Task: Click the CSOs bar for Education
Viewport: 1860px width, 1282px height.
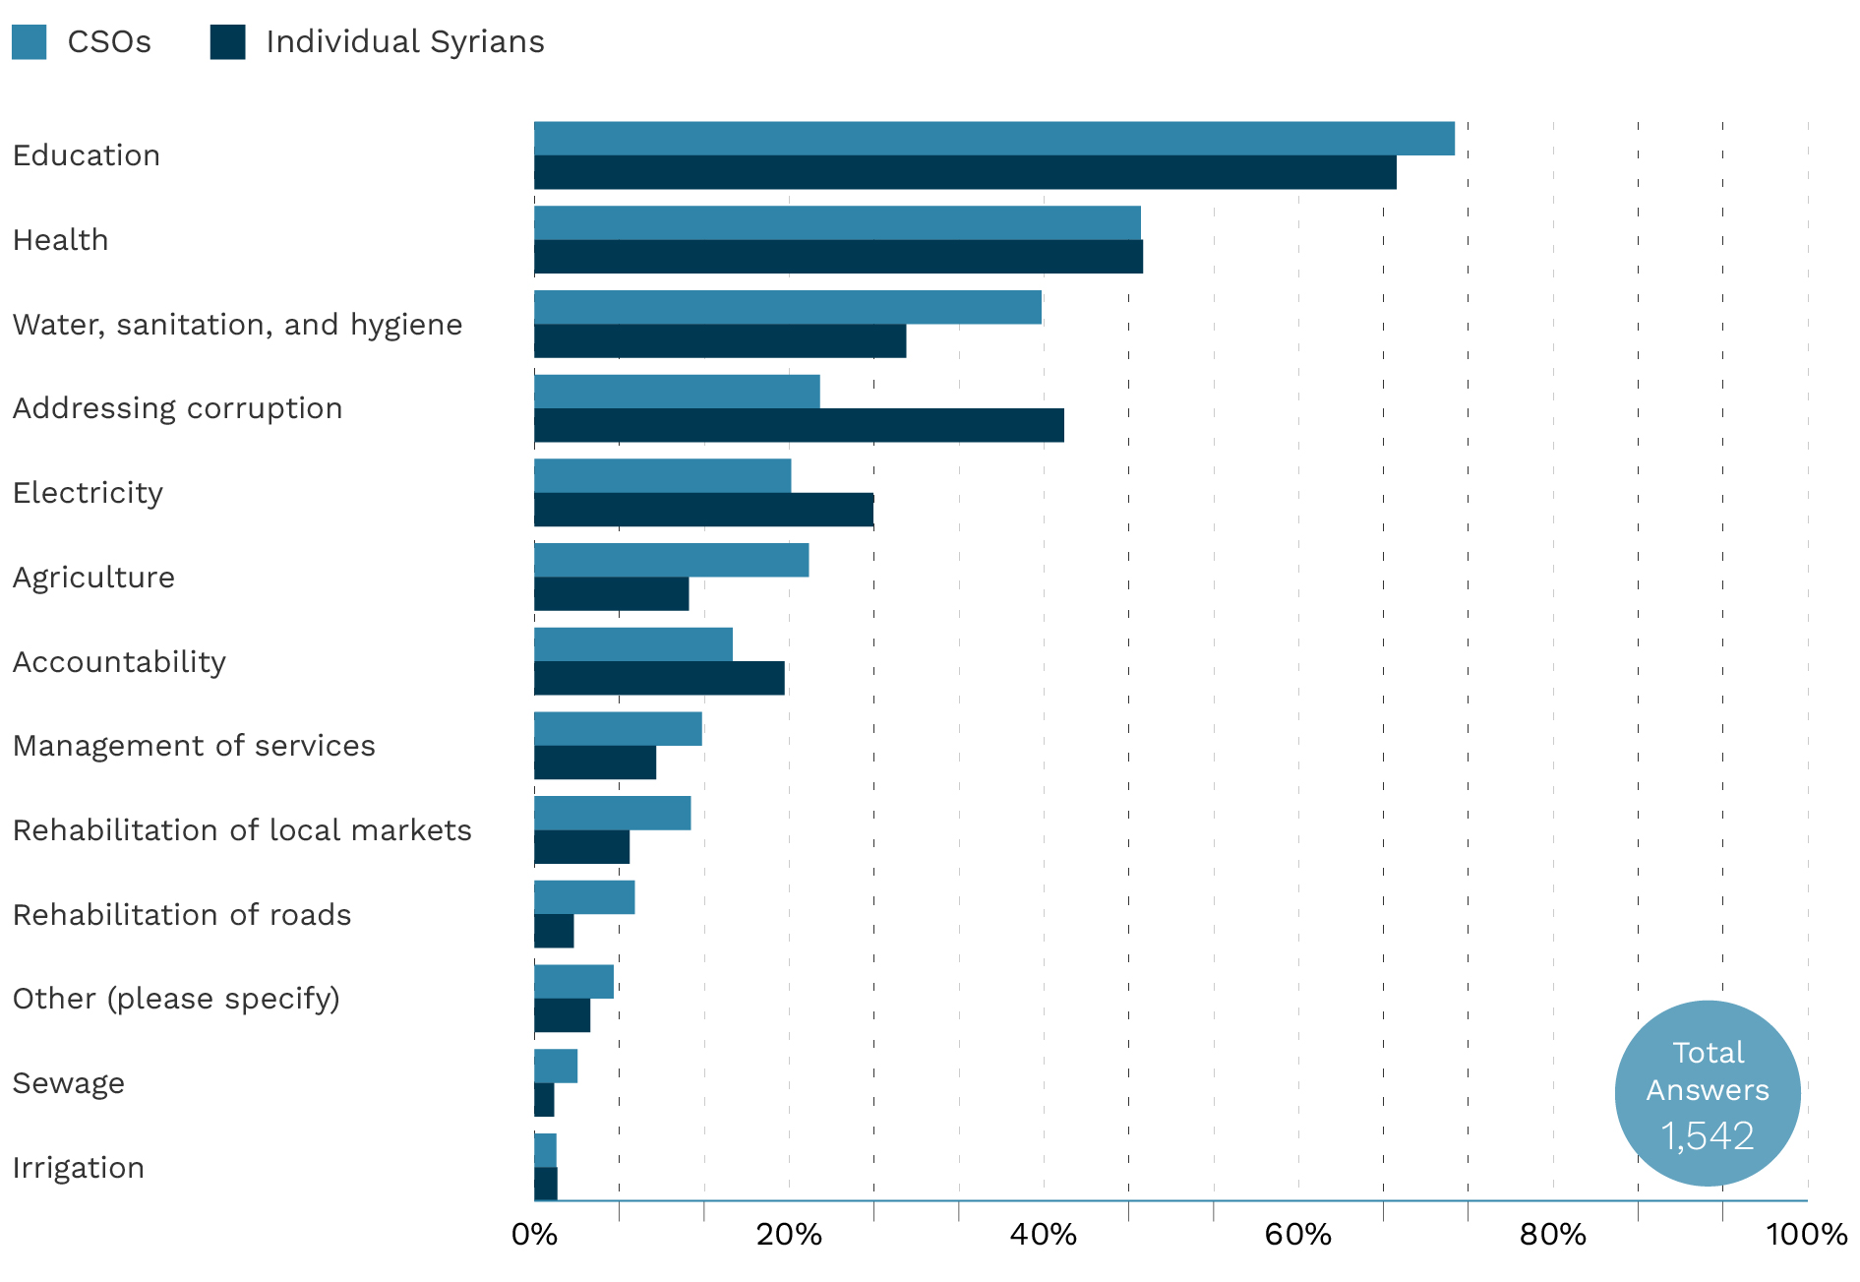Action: pos(993,139)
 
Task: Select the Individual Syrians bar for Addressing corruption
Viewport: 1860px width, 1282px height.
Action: pos(799,426)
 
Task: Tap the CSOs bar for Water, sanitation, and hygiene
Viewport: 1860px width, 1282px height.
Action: pos(787,307)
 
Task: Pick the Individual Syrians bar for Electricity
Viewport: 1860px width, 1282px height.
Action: pos(703,510)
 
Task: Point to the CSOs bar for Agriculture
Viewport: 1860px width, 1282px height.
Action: pos(671,560)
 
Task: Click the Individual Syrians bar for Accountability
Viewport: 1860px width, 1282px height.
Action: pos(659,679)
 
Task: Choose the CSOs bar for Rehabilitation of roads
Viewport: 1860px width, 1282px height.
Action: pos(584,897)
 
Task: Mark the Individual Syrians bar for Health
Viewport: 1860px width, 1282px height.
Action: pos(838,257)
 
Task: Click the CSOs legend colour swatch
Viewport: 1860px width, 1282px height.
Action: pos(30,42)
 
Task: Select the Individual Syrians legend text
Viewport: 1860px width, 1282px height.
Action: pos(404,42)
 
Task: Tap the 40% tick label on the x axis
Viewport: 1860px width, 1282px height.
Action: pos(1043,1235)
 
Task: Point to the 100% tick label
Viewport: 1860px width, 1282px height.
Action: pos(1806,1235)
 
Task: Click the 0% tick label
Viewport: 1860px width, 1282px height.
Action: pos(534,1235)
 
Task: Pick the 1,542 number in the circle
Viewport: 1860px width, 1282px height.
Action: pos(1708,1136)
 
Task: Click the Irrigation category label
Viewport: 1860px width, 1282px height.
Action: pos(79,1168)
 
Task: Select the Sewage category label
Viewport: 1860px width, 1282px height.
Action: pos(69,1083)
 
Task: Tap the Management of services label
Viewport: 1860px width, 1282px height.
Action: pos(194,746)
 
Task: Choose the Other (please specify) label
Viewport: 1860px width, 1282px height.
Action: pos(176,999)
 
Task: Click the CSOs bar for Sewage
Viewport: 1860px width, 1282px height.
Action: pos(556,1067)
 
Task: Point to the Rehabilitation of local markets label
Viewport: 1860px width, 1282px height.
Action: pos(242,830)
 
